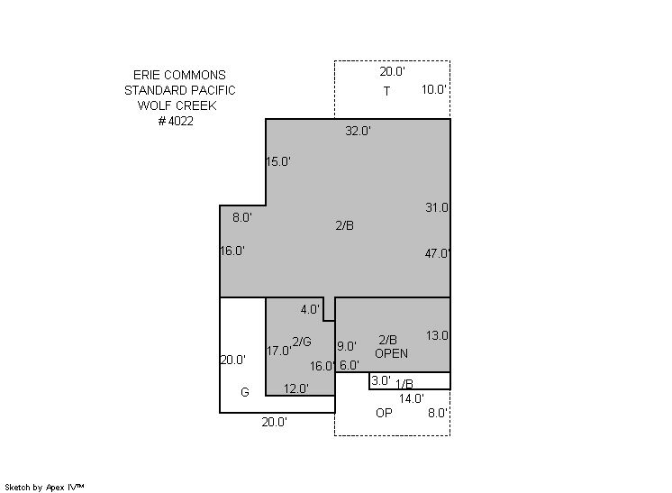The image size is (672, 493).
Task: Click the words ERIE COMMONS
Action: point(179,75)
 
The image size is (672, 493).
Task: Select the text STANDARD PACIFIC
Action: point(180,90)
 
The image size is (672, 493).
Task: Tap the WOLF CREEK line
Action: point(177,105)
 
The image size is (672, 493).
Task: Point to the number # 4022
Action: point(176,121)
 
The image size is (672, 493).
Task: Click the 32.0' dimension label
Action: point(358,131)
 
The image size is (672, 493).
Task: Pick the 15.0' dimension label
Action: point(278,161)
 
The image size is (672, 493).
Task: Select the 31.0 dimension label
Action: point(437,207)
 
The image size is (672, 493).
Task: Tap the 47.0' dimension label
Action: point(437,253)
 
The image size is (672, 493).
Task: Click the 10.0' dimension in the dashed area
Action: point(433,89)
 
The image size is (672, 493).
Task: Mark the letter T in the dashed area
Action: point(386,91)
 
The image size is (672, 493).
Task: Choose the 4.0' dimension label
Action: point(310,309)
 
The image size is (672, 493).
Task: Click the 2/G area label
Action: point(302,342)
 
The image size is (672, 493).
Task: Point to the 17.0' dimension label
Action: point(278,351)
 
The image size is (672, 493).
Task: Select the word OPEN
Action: point(391,353)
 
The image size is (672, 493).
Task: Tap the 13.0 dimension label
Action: point(437,335)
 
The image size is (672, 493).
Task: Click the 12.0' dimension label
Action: point(296,388)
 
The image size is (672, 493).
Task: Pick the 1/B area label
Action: point(404,384)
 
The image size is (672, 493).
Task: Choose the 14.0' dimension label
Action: point(412,398)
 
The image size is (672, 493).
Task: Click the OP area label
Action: point(384,413)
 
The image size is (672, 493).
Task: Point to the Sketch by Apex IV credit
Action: point(44,488)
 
